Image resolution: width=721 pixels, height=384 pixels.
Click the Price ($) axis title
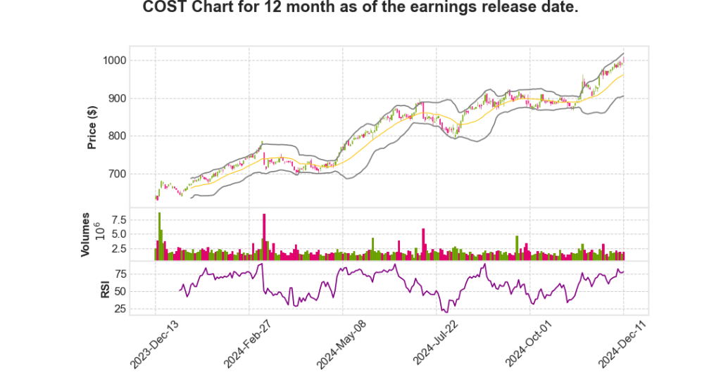point(92,127)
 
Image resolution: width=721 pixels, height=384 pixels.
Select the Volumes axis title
point(87,233)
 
